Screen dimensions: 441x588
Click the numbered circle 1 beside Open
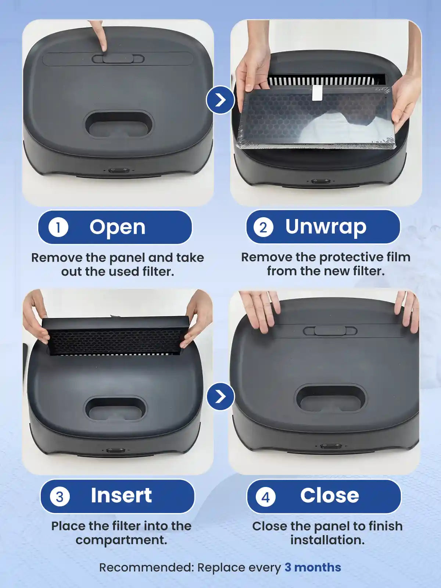click(x=58, y=227)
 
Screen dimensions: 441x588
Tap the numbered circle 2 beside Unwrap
click(x=263, y=227)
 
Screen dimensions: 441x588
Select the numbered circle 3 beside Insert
click(x=60, y=496)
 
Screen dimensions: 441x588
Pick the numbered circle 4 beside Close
click(x=265, y=496)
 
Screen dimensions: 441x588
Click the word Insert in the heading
click(x=121, y=495)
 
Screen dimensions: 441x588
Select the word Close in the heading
click(x=329, y=495)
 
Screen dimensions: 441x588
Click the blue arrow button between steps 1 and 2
click(x=220, y=100)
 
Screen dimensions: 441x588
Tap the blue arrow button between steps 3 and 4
click(x=220, y=397)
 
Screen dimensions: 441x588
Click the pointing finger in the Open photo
click(x=100, y=35)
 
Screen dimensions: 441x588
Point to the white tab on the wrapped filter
click(x=317, y=93)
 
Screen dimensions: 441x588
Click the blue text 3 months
click(x=313, y=567)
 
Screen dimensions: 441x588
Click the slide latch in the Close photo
click(x=330, y=331)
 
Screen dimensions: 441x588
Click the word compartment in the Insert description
click(x=121, y=540)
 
